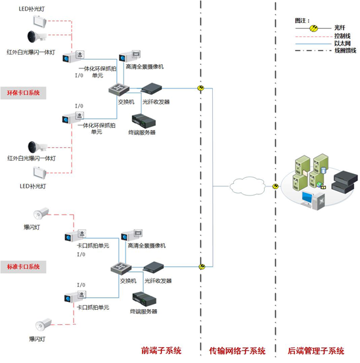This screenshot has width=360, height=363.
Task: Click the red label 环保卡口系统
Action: coord(23,93)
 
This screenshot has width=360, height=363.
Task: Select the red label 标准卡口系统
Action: coord(23,267)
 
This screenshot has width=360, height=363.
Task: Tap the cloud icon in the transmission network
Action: coord(248,186)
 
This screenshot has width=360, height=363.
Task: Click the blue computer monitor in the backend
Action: coord(307,198)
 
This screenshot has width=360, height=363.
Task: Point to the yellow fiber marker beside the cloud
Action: coord(275,186)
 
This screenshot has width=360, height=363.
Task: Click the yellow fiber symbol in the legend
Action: coord(313,28)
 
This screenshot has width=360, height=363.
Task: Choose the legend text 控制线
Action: coord(342,36)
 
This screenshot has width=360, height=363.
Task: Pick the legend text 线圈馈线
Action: coord(345,51)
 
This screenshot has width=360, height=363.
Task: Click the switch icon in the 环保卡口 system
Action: coord(119,89)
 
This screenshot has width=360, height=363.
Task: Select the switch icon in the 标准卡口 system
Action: coord(121,268)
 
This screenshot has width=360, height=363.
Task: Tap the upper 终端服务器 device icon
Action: coord(144,121)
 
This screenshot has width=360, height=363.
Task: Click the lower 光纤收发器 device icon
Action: coord(153,267)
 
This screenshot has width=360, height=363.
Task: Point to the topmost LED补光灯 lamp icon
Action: coord(39,21)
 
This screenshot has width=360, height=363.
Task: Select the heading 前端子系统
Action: coord(161,351)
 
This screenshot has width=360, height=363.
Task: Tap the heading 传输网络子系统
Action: coord(237,351)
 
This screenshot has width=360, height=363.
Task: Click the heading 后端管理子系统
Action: coord(316,351)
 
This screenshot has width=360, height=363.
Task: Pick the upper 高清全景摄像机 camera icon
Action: coord(129,56)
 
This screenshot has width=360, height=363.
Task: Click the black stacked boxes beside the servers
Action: coord(345,182)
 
